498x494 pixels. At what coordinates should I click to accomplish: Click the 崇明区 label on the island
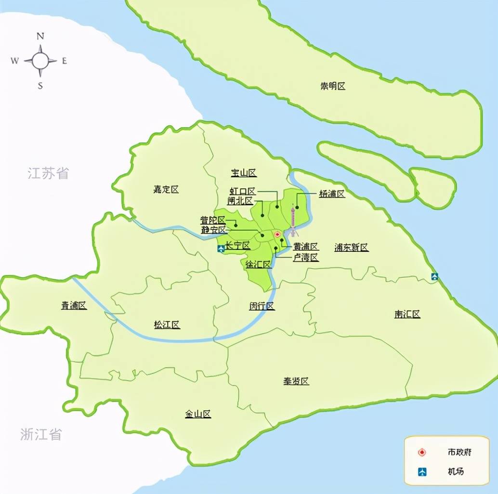(333, 86)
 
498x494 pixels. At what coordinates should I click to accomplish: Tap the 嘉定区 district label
(166, 190)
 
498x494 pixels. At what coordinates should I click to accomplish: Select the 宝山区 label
(243, 173)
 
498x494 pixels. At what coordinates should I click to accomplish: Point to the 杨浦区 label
(332, 194)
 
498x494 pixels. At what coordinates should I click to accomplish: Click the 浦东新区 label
(352, 247)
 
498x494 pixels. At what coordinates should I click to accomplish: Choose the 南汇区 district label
(407, 314)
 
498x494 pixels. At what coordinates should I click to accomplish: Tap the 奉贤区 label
(296, 381)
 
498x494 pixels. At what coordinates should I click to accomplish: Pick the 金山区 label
(198, 414)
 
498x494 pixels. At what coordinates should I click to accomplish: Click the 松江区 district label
(167, 325)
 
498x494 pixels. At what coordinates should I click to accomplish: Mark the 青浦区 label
(74, 305)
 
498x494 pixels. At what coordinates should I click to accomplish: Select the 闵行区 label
(262, 306)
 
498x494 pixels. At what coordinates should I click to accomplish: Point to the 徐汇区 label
(258, 264)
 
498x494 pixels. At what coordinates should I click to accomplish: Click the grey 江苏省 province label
(48, 173)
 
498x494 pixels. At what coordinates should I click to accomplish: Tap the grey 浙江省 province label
(41, 434)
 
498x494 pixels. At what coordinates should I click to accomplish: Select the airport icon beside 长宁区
(221, 249)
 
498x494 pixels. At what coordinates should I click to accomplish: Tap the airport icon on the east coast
(435, 276)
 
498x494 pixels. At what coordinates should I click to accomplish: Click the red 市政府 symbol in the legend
(422, 453)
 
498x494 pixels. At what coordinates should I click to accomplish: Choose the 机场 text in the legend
(456, 471)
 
